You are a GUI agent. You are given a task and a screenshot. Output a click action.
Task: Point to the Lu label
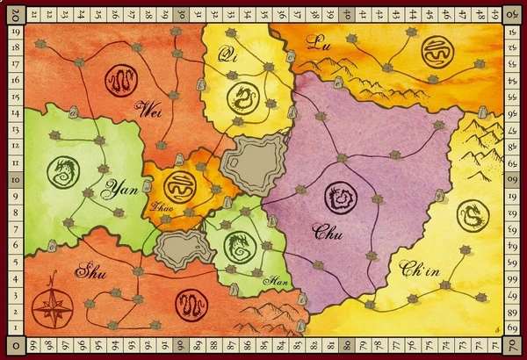tap(317, 41)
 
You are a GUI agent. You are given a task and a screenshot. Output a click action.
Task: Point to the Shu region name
tap(94, 269)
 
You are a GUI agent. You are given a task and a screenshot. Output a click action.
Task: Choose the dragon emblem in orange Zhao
tap(179, 187)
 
